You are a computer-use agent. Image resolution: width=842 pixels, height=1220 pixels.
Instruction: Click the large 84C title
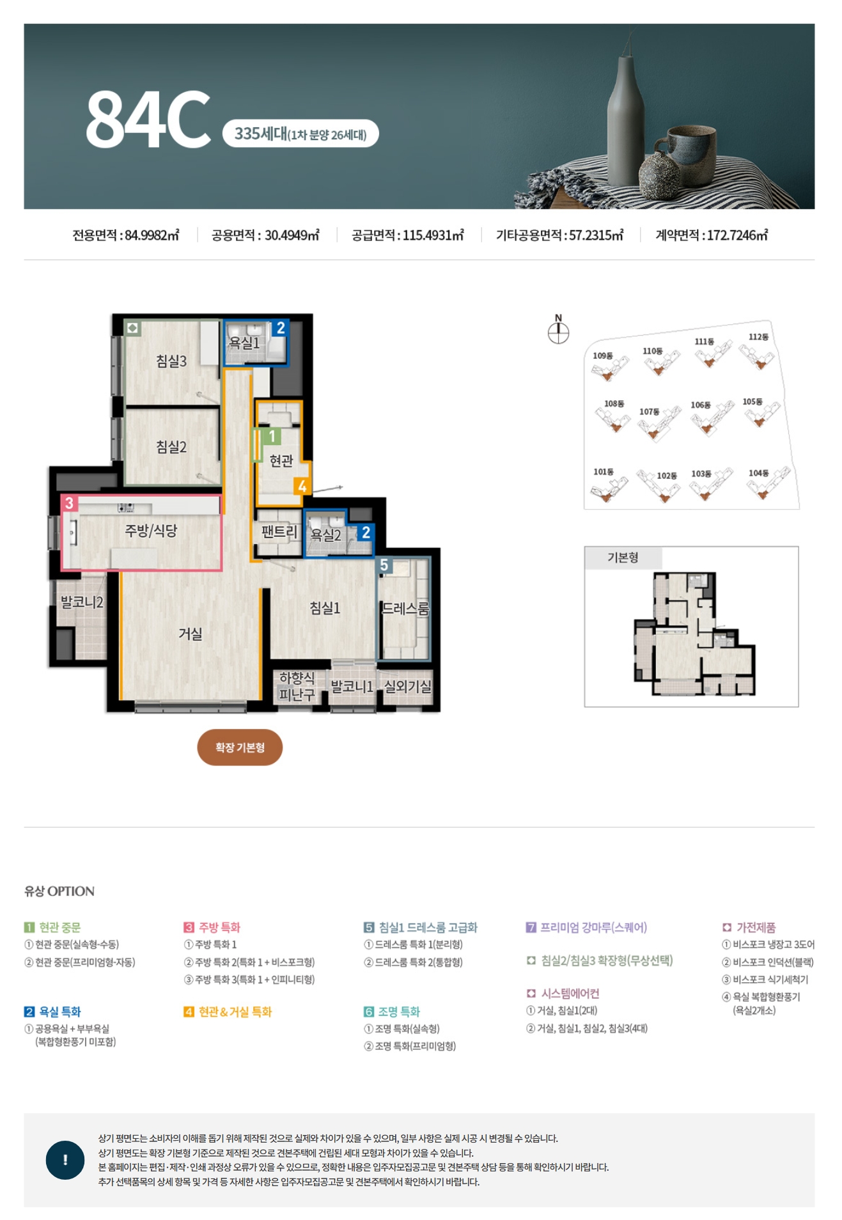click(148, 119)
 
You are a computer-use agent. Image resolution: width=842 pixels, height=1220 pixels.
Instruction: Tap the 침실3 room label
click(171, 361)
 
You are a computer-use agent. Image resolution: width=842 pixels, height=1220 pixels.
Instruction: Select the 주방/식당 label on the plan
click(151, 531)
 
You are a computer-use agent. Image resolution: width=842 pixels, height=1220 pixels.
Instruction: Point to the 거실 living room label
click(191, 634)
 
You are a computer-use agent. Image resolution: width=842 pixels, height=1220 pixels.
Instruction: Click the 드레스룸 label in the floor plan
click(405, 608)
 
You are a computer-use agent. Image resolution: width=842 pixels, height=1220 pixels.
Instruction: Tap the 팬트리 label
click(279, 532)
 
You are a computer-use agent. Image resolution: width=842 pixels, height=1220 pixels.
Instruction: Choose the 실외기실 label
click(407, 686)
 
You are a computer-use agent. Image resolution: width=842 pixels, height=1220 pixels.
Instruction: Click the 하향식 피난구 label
click(297, 686)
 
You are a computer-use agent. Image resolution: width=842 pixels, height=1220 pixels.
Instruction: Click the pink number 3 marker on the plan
click(70, 503)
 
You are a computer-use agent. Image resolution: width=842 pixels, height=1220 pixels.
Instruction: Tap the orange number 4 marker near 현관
click(302, 486)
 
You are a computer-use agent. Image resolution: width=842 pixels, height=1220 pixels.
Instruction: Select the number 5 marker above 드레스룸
click(384, 565)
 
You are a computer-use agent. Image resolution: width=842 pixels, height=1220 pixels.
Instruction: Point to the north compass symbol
click(558, 330)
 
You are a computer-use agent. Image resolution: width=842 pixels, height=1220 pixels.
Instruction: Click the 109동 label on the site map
click(602, 356)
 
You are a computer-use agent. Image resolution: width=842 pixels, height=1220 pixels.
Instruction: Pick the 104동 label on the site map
click(758, 473)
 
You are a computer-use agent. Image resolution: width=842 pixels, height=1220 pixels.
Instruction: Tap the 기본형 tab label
click(623, 558)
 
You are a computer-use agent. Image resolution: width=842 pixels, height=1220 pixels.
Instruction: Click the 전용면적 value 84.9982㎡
click(152, 235)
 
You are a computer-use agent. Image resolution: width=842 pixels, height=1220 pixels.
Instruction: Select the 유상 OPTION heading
click(59, 891)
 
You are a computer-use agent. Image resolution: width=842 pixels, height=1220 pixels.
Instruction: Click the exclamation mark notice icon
click(65, 1160)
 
